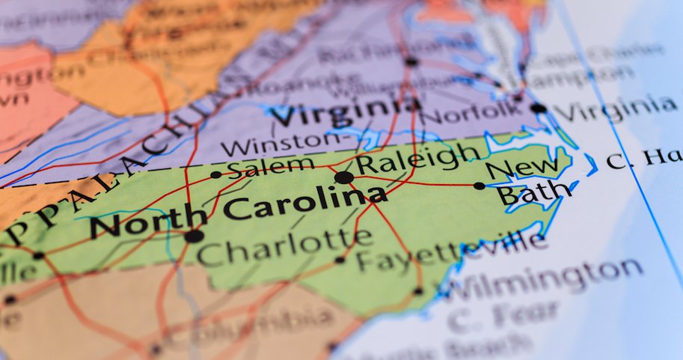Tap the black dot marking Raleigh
click(343, 177)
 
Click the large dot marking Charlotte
click(194, 236)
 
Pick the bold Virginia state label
click(345, 113)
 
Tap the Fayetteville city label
click(450, 252)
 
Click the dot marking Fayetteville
click(340, 260)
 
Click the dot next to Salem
click(215, 174)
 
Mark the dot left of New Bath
click(479, 186)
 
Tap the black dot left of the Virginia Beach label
click(538, 109)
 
